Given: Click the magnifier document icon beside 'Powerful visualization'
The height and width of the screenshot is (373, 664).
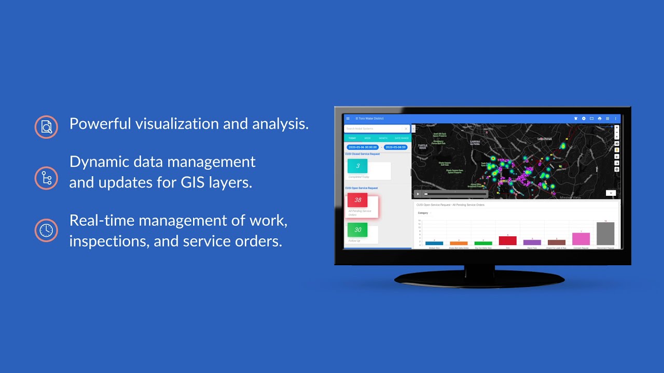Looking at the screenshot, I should pyautogui.click(x=46, y=126).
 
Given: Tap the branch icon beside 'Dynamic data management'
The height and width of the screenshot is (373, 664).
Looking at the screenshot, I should pyautogui.click(x=46, y=178).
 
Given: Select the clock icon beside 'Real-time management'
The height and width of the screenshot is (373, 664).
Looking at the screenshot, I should pyautogui.click(x=46, y=230).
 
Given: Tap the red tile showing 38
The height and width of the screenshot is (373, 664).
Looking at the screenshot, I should pyautogui.click(x=358, y=200).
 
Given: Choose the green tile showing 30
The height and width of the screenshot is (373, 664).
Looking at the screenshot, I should pyautogui.click(x=358, y=229).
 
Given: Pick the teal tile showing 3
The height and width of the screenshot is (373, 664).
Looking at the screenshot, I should pyautogui.click(x=357, y=166).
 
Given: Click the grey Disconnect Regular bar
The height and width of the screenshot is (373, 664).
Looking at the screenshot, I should pyautogui.click(x=605, y=234).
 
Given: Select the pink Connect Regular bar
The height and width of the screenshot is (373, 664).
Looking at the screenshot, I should pyautogui.click(x=581, y=239).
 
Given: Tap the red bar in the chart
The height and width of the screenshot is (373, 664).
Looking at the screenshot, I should pyautogui.click(x=507, y=240).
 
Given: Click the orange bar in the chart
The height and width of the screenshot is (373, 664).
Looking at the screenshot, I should pyautogui.click(x=459, y=243).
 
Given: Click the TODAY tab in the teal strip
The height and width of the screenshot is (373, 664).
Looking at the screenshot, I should pyautogui.click(x=352, y=138).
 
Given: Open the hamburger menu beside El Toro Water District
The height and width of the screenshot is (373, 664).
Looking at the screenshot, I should pyautogui.click(x=348, y=119).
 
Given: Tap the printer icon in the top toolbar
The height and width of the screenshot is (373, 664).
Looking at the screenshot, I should pyautogui.click(x=600, y=119).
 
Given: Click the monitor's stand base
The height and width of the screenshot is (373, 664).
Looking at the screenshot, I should pyautogui.click(x=479, y=279).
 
